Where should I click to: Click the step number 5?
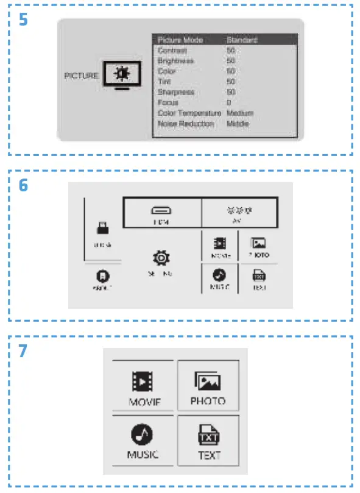23,20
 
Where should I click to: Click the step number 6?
23,185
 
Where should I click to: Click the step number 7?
23,351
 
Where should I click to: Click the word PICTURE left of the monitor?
80,76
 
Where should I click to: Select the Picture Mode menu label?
180,40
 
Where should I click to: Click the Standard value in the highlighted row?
242,40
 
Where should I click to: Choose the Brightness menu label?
176,61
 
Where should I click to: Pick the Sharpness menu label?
176,92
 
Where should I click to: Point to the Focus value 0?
229,102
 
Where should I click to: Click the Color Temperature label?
189,113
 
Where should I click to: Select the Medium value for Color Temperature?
240,113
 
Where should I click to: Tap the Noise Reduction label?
186,123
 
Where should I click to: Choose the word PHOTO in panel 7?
208,401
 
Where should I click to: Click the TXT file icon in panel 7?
208,436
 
